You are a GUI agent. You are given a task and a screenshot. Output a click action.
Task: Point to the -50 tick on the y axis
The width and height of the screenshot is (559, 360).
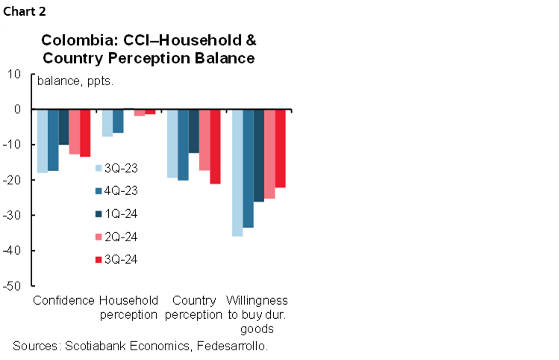(15, 285)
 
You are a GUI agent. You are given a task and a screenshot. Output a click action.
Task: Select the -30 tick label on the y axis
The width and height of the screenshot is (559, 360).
(15, 215)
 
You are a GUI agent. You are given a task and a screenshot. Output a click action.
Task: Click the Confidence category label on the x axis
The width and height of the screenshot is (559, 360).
(64, 301)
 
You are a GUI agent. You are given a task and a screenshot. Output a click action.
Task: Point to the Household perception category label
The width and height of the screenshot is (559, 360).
(128, 308)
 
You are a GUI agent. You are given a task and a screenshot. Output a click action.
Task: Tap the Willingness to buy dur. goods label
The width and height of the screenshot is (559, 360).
(258, 314)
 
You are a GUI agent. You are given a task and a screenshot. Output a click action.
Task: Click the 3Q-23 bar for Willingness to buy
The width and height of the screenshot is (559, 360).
(237, 173)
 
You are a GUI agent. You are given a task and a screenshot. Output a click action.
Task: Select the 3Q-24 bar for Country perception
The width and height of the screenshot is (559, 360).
(215, 146)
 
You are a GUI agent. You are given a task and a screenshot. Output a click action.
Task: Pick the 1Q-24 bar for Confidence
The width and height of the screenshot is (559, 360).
(63, 127)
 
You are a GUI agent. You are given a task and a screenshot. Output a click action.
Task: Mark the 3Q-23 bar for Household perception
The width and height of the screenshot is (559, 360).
(107, 123)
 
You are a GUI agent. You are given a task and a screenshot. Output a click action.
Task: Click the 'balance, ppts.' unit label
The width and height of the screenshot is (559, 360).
(75, 81)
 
